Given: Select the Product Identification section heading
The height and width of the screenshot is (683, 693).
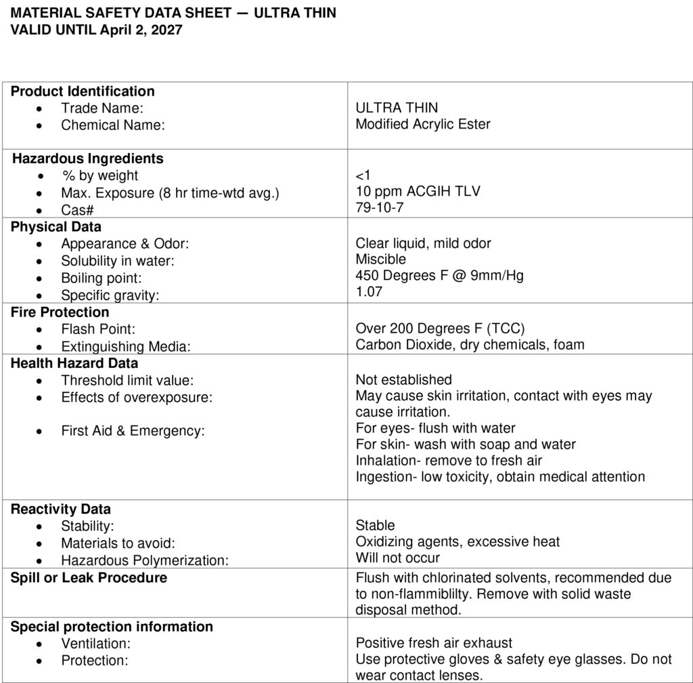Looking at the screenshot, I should pyautogui.click(x=83, y=91).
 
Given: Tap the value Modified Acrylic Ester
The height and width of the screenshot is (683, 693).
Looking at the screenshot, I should pyautogui.click(x=423, y=124).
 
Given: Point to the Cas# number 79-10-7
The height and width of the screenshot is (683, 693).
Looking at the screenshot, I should pyautogui.click(x=380, y=207).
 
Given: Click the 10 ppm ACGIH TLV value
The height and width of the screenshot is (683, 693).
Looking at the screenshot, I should pyautogui.click(x=418, y=191).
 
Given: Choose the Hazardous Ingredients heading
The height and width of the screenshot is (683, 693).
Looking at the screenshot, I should pyautogui.click(x=88, y=159).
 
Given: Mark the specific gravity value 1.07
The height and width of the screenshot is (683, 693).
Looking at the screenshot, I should pyautogui.click(x=370, y=292).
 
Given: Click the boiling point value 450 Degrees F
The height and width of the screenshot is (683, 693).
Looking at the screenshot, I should pyautogui.click(x=439, y=276).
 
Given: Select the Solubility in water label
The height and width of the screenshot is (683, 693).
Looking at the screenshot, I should pyautogui.click(x=118, y=261).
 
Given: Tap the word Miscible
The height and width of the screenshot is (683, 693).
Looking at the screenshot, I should pyautogui.click(x=381, y=259).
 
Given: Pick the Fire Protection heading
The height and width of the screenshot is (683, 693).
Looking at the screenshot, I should pyautogui.click(x=60, y=312).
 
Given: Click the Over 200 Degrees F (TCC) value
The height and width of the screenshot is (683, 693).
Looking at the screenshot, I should pyautogui.click(x=440, y=329).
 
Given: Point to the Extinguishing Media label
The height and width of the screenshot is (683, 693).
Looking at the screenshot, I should pyautogui.click(x=125, y=347).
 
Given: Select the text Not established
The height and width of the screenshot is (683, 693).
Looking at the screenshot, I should pyautogui.click(x=403, y=379).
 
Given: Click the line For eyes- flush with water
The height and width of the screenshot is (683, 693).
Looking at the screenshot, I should pyautogui.click(x=435, y=428).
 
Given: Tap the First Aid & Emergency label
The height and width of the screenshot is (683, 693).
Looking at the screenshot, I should pyautogui.click(x=133, y=430).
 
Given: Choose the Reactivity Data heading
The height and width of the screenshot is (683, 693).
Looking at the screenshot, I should pyautogui.click(x=61, y=509).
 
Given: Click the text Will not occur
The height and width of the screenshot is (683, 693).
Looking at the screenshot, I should pyautogui.click(x=397, y=558).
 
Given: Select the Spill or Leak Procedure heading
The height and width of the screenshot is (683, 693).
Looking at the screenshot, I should pyautogui.click(x=89, y=578).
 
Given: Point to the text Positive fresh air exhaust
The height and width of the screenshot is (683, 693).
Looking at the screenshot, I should pyautogui.click(x=434, y=643).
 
